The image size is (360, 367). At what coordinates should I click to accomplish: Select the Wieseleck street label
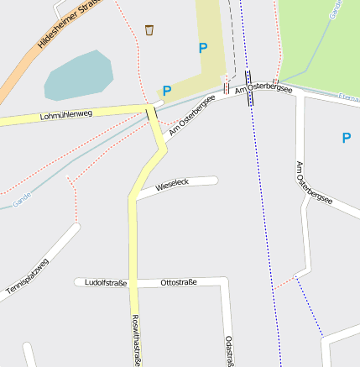[x=172, y=184]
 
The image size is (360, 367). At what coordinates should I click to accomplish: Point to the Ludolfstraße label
[x=106, y=283]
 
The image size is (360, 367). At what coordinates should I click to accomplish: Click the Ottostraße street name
[x=178, y=283]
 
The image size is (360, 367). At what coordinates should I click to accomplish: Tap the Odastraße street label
[x=229, y=350]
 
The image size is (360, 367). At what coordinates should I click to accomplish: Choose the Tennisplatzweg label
[x=28, y=275]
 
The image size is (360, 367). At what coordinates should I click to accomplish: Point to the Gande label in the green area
[x=337, y=9]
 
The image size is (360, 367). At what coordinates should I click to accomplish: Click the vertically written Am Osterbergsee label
[x=313, y=183]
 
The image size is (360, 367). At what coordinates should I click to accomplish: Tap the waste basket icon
[x=149, y=30]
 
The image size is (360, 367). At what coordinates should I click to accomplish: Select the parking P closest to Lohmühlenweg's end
[x=166, y=91]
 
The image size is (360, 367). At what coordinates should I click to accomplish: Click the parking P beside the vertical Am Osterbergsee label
[x=346, y=138]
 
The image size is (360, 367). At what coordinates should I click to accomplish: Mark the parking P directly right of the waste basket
[x=202, y=49]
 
